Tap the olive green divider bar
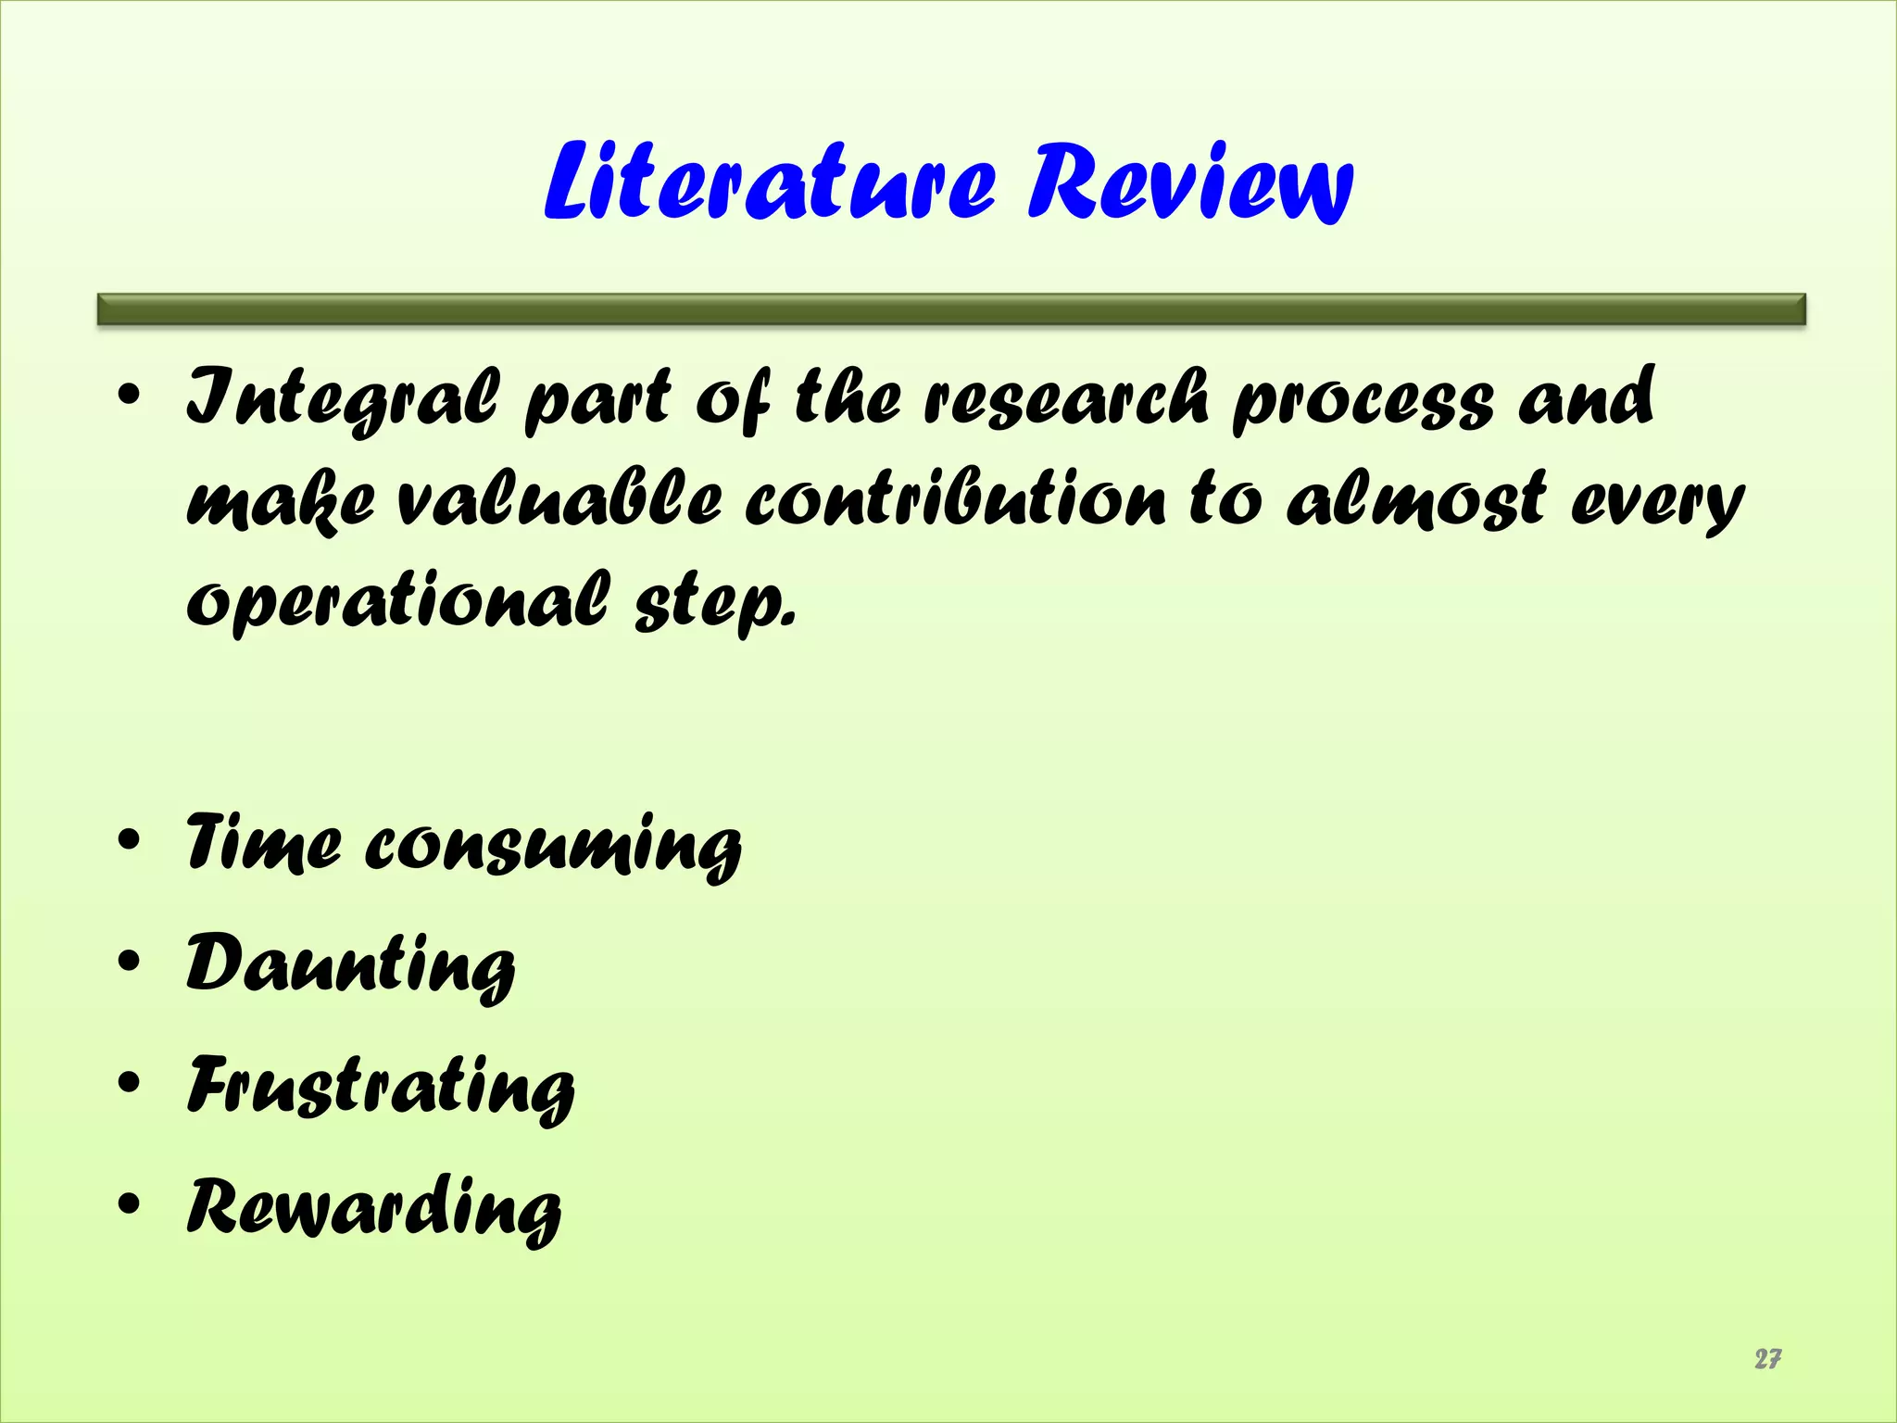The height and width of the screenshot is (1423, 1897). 951,309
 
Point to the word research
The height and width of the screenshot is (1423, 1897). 1066,398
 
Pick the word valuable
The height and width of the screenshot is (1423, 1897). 559,500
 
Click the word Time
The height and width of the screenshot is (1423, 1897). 264,841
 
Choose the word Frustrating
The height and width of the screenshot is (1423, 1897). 381,1087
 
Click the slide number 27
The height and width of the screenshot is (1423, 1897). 1767,1358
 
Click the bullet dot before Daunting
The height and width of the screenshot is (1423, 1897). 129,962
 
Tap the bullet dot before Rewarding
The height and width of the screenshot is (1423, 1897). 129,1203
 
